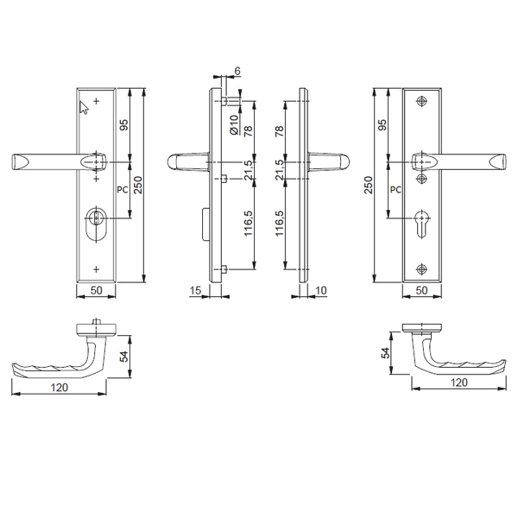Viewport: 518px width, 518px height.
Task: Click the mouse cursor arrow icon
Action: [85, 107]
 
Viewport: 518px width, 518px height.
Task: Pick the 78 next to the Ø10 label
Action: [249, 130]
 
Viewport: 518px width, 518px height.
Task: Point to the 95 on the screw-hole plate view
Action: [382, 124]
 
